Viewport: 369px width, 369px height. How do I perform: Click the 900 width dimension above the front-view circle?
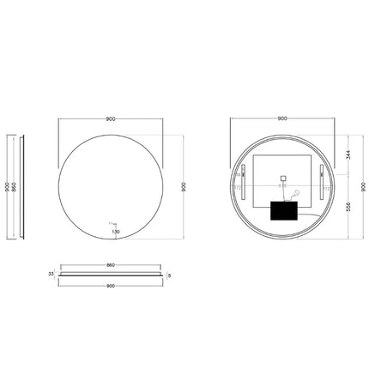click(110, 118)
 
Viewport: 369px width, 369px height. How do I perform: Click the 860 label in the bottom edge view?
click(110, 266)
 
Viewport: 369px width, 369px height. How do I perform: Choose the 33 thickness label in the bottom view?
click(51, 275)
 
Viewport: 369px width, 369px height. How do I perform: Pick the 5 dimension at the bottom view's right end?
click(171, 275)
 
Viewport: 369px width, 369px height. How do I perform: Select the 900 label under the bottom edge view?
click(110, 287)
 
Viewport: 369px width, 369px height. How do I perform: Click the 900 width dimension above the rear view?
click(282, 118)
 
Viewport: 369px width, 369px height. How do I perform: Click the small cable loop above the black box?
click(294, 194)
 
